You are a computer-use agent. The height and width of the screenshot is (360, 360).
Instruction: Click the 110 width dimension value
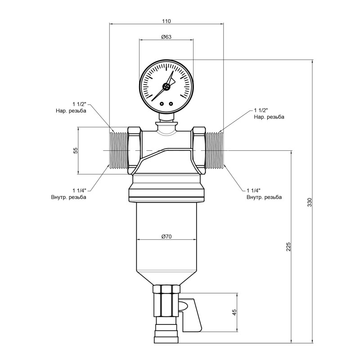point(166,21)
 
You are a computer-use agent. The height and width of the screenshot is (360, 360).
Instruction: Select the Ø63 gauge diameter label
point(166,37)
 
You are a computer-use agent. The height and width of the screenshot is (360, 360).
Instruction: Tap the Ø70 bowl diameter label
point(166,236)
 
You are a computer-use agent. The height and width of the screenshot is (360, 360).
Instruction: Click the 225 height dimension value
point(288,247)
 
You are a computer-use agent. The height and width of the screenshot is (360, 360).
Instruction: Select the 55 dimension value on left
point(76,151)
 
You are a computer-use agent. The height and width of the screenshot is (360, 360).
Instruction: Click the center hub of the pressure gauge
point(166,87)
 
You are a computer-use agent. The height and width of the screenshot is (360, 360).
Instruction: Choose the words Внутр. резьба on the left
point(69,197)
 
